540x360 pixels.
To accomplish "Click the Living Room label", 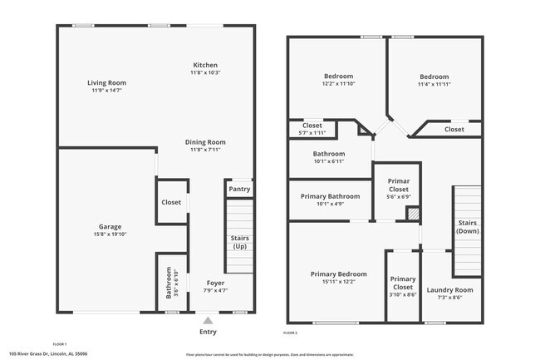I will tap(108, 82).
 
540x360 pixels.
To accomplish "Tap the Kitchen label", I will tap(205, 65).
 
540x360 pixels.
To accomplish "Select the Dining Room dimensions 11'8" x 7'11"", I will tap(205, 150).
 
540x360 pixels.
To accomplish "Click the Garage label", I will tap(110, 226).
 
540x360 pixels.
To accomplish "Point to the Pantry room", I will tap(238, 190).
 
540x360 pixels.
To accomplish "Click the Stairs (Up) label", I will tap(239, 243).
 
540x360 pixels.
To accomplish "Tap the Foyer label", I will tap(215, 283).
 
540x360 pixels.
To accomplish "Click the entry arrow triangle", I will tap(208, 318).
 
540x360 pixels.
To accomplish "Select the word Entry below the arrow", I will tap(208, 331).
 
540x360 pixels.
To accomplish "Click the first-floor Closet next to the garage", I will tap(171, 202).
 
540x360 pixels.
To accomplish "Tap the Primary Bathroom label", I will tap(331, 196).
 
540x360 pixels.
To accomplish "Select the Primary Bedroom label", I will tap(338, 274).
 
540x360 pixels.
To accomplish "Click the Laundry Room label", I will tap(449, 289).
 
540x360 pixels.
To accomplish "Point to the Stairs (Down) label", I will tap(467, 227).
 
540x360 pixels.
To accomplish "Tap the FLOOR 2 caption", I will tap(290, 333).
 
